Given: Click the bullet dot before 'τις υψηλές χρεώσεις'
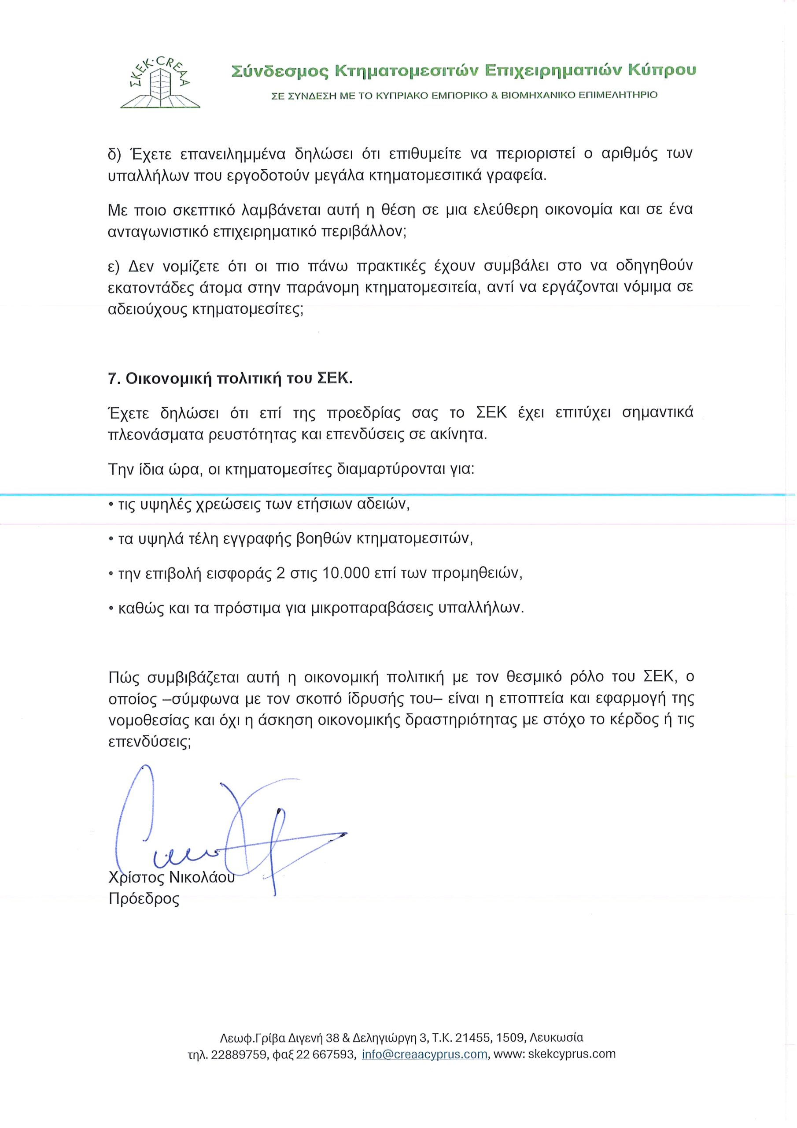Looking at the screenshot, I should [111, 505].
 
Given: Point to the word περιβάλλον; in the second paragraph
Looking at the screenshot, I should [363, 232].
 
